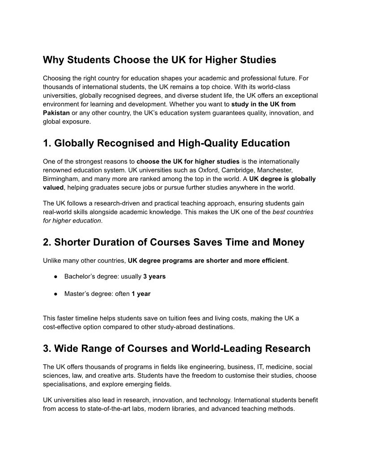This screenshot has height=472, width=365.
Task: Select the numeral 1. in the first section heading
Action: pyautogui.click(x=47, y=143)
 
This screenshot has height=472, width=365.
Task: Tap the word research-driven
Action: pyautogui.click(x=114, y=203)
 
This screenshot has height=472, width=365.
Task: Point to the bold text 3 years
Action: pyautogui.click(x=154, y=277)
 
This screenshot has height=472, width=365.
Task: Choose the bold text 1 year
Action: pyautogui.click(x=141, y=294)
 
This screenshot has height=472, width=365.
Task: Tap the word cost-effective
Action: pyautogui.click(x=63, y=327)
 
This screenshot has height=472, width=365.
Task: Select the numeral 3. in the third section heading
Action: pyautogui.click(x=47, y=348)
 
